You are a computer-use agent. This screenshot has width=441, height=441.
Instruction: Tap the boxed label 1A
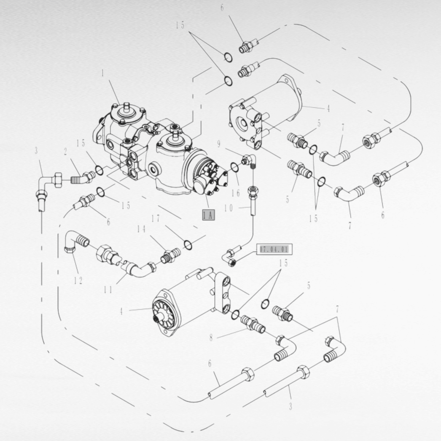point(208,215)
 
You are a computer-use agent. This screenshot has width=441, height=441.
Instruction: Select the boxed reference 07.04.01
point(274,250)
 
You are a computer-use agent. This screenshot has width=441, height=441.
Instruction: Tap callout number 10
point(228,208)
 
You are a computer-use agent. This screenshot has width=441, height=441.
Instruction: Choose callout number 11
point(108,290)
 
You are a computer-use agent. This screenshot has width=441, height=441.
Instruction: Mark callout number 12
point(78,281)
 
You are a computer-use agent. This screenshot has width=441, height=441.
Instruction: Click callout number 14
point(141,229)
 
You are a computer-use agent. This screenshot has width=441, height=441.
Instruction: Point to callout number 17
point(156,219)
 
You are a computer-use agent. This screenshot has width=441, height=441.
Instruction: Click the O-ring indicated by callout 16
point(234,168)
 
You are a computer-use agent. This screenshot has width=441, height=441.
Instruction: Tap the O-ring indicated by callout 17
point(187,244)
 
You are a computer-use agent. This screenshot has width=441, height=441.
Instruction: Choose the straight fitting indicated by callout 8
point(253,324)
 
